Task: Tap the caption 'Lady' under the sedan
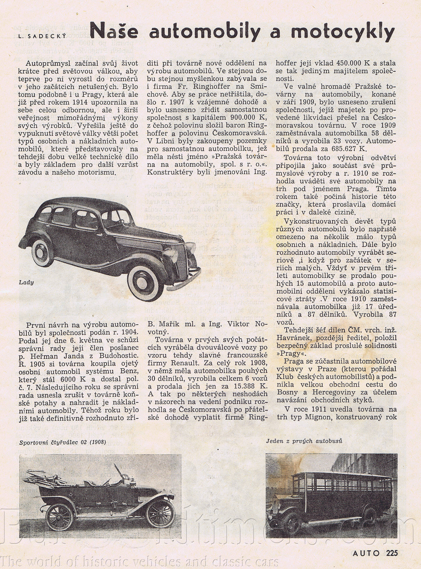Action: pyautogui.click(x=26, y=283)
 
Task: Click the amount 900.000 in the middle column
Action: pyautogui.click(x=245, y=117)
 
